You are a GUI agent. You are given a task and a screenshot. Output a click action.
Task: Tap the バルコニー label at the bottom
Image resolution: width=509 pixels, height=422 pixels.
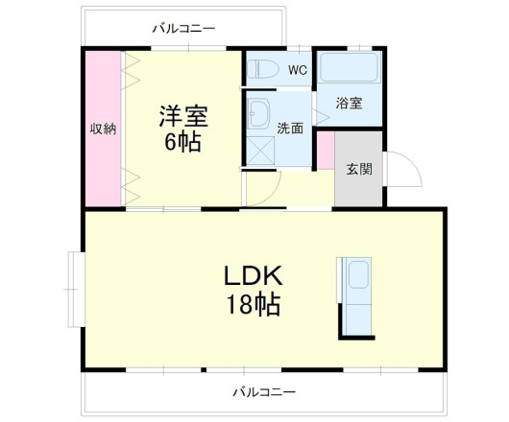coord(263,391)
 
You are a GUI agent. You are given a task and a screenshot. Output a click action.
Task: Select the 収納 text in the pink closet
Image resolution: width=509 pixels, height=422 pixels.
coord(103,128)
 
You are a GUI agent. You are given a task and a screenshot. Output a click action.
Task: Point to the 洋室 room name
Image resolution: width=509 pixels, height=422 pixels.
coord(182,117)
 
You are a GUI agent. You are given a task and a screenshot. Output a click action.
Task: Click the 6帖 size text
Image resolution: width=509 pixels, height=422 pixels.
coord(182,144)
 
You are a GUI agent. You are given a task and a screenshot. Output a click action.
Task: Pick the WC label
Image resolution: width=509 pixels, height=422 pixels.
coord(297,70)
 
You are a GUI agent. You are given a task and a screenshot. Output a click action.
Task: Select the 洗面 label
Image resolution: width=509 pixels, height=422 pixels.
coord(291,128)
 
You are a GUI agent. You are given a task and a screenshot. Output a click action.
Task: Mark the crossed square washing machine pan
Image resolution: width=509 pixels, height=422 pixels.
coord(259,148)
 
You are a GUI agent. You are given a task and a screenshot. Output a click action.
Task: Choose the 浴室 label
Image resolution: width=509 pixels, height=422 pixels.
coord(350,104)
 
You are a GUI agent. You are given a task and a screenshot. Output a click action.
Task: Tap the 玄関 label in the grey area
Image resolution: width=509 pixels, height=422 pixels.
coord(358,170)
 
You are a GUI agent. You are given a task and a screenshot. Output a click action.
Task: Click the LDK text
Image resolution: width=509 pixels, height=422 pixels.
coord(253,276)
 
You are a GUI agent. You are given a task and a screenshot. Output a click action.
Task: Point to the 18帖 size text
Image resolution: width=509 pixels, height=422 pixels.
coord(253,306)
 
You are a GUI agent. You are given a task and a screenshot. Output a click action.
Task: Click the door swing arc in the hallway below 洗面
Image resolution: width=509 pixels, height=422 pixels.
coord(261,189)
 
